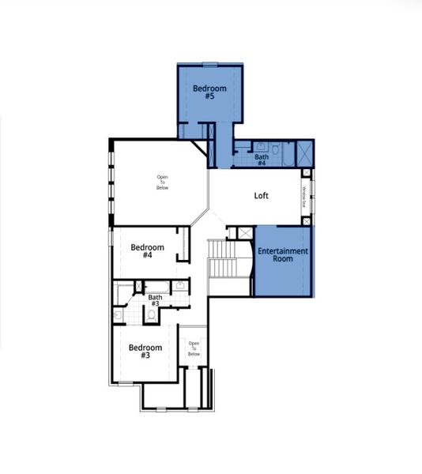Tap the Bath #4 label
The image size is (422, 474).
(x=261, y=160)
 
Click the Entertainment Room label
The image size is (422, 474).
(x=282, y=254)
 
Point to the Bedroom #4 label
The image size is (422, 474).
(x=147, y=250)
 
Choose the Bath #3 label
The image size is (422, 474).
(x=154, y=300)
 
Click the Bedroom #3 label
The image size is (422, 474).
(x=145, y=352)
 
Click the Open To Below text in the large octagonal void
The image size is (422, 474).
(x=162, y=182)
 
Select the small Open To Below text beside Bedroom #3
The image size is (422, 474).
(x=194, y=348)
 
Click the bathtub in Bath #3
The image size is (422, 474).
(x=125, y=295)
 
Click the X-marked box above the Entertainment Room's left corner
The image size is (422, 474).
(x=245, y=233)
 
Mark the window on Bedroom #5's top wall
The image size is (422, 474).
(x=209, y=64)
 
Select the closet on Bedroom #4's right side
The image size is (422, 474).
(x=184, y=243)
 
